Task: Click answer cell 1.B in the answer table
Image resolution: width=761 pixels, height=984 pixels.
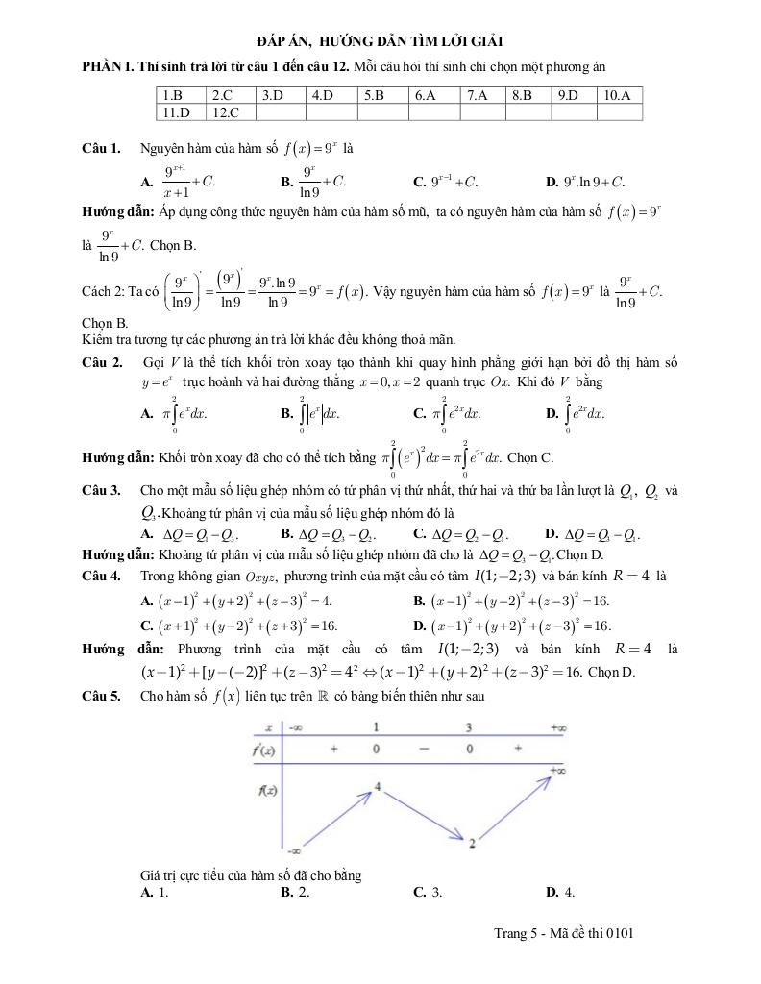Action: [173, 95]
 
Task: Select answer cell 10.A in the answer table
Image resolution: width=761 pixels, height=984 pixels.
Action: [618, 95]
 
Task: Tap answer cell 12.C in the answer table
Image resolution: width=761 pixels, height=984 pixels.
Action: [226, 112]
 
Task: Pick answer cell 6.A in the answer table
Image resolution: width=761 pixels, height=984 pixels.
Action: [426, 95]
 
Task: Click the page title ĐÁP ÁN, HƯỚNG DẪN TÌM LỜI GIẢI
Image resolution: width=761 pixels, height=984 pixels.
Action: [380, 40]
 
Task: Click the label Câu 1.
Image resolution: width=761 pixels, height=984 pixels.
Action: [101, 148]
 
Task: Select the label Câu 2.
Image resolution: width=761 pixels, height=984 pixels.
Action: [102, 362]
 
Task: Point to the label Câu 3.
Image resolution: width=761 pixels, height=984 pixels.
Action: [101, 490]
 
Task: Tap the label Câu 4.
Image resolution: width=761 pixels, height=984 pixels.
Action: [101, 576]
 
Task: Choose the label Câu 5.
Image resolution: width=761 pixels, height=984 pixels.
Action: [101, 696]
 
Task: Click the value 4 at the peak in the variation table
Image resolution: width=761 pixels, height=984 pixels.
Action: [379, 787]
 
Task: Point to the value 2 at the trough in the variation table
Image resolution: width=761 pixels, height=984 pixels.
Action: [473, 844]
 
